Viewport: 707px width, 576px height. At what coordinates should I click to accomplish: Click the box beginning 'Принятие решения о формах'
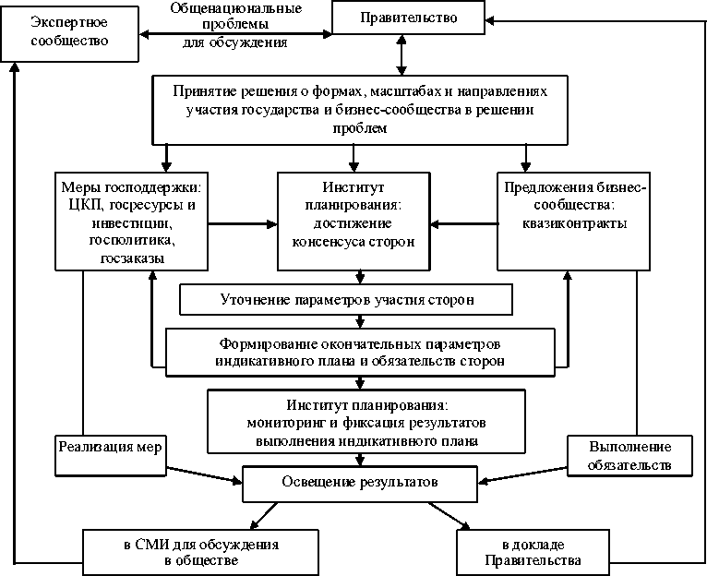coord(360,110)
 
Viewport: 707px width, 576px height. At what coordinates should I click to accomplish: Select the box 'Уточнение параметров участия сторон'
coord(347,300)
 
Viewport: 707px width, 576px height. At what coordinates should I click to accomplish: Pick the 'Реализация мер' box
coord(110,447)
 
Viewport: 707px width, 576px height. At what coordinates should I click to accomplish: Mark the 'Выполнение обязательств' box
coord(628,455)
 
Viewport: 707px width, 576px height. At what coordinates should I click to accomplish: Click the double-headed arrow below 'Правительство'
coord(400,54)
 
